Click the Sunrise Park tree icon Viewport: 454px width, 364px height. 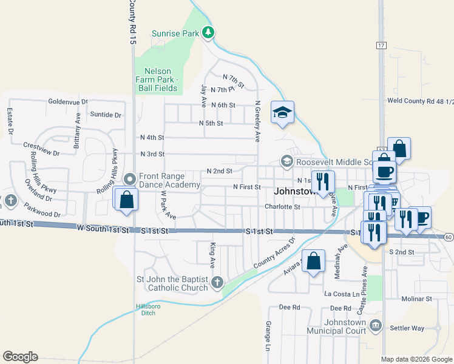209,33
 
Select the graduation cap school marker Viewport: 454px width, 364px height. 282,112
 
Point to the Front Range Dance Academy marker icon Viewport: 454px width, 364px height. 129,179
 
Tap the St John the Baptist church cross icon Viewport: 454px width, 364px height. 217,282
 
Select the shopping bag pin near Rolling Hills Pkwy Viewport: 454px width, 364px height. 126,200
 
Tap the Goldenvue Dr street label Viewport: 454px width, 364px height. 68,101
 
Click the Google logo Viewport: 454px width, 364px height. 20,357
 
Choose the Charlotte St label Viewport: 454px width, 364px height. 282,206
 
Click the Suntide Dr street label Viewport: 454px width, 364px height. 106,115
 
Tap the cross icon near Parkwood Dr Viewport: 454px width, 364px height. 10,200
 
